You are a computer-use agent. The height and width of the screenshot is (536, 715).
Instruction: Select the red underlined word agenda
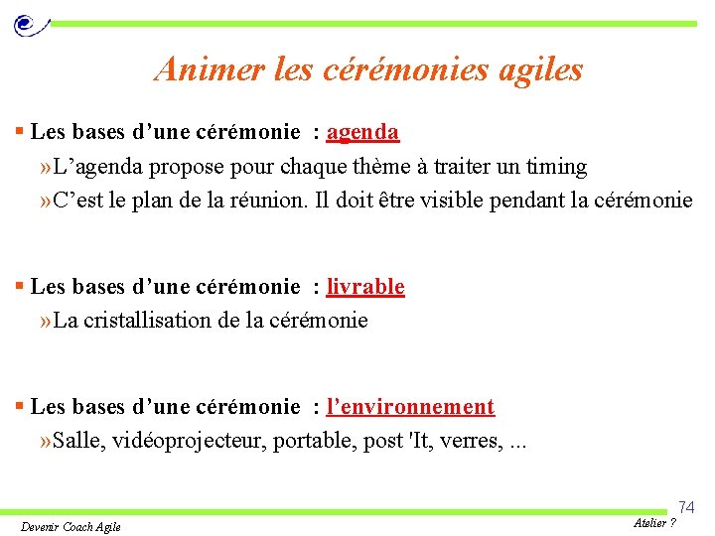click(x=362, y=132)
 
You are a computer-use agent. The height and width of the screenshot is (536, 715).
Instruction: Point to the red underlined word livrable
click(x=365, y=287)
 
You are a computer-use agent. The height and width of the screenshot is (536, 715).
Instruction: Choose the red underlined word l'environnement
click(x=410, y=407)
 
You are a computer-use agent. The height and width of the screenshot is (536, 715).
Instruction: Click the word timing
click(x=555, y=166)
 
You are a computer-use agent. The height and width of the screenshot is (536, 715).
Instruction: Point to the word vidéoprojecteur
click(x=206, y=440)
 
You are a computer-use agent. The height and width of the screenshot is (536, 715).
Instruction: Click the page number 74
click(x=686, y=507)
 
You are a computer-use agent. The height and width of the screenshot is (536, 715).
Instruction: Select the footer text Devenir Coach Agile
click(x=71, y=526)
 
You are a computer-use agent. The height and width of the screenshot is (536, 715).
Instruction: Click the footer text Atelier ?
click(x=653, y=523)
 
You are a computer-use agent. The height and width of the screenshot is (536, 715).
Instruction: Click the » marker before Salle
click(x=44, y=440)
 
